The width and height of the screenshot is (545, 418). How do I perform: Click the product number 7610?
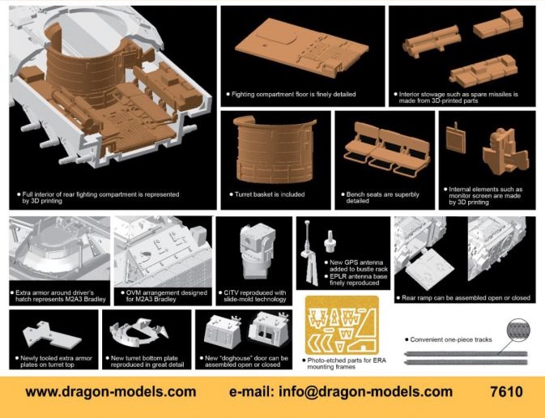click(x=506, y=391)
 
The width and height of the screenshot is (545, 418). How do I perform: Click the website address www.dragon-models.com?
click(x=111, y=392)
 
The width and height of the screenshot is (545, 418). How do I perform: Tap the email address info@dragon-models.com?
click(x=366, y=392)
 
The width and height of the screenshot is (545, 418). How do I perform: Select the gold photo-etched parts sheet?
click(x=342, y=325)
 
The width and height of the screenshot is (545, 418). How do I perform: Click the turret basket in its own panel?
click(x=275, y=150)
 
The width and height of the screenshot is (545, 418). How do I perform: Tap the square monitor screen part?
click(x=456, y=139)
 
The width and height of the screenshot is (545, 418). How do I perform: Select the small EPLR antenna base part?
click(x=330, y=241)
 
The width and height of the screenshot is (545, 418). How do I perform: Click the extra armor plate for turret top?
click(x=52, y=335)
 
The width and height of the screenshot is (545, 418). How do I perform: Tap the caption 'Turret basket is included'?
click(x=270, y=194)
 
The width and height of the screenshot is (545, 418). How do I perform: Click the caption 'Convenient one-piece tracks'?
click(x=451, y=339)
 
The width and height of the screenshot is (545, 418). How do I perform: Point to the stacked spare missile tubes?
click(x=432, y=41)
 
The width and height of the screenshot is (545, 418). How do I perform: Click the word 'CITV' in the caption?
click(x=232, y=292)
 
